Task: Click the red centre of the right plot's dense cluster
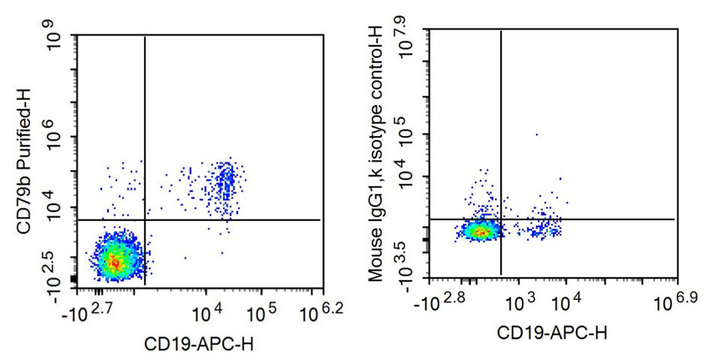478,231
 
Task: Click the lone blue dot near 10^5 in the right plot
536,135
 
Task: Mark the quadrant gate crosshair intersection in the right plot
500,219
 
